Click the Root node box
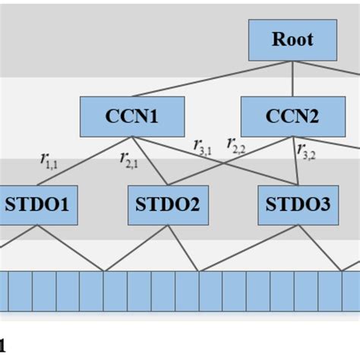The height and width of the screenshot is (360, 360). [x=292, y=39]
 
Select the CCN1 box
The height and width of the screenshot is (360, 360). [x=132, y=116]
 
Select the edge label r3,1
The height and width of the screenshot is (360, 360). [x=203, y=146]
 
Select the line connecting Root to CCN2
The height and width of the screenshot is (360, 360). [x=292, y=78]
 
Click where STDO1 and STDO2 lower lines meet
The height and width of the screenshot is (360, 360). [x=104, y=270]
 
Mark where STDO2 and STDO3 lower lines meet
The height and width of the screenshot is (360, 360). [x=198, y=270]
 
